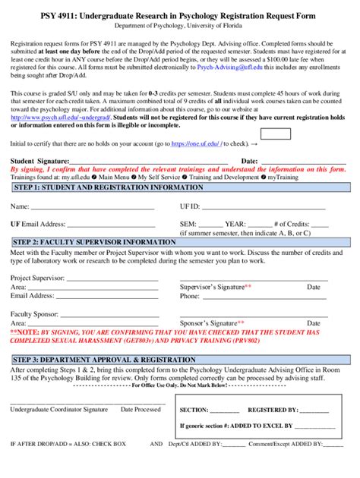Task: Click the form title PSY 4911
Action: click(x=179, y=16)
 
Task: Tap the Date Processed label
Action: click(x=137, y=410)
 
